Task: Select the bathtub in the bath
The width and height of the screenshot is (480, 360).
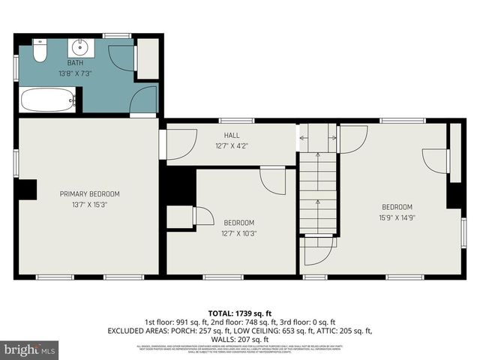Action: click(x=47, y=100)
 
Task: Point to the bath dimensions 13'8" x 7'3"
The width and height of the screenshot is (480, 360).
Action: click(x=75, y=73)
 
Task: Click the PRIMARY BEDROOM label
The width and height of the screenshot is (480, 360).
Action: click(x=89, y=194)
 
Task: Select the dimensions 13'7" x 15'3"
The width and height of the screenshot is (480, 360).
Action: click(x=89, y=204)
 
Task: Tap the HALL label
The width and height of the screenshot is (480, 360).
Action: click(x=231, y=136)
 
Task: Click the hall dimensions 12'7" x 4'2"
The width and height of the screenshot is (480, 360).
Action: click(x=231, y=145)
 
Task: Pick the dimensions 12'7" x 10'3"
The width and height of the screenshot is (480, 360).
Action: click(x=238, y=233)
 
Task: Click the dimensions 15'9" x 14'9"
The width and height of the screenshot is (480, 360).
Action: click(x=397, y=217)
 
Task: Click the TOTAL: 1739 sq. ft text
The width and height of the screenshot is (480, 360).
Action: click(x=240, y=313)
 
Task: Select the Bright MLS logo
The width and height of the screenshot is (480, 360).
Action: click(x=30, y=349)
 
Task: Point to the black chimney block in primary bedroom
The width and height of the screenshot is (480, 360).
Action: click(x=27, y=190)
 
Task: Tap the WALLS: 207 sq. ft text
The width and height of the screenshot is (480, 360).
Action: click(x=240, y=339)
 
